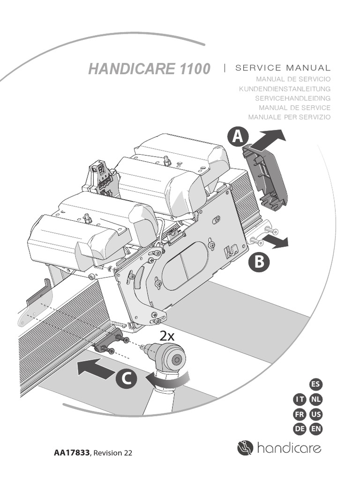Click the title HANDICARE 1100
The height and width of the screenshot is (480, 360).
149,69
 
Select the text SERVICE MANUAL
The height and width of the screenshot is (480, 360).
283,68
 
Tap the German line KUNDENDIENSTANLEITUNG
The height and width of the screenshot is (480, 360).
285,89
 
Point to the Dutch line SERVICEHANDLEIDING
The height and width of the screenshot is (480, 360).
292,98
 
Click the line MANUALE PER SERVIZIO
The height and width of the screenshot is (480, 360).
289,117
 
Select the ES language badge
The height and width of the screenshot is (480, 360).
316,385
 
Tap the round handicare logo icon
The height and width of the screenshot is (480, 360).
245,448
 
